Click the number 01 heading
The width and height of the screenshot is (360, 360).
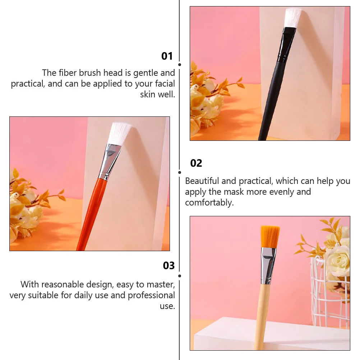click(167, 56)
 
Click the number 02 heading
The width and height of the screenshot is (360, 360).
click(196, 163)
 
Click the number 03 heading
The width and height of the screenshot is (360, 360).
click(169, 266)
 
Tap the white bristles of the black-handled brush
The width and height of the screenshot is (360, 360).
click(292, 17)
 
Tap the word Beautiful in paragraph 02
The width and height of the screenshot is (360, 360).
click(202, 181)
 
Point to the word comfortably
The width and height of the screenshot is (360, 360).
click(209, 203)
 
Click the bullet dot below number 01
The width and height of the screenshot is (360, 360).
click(179, 65)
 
